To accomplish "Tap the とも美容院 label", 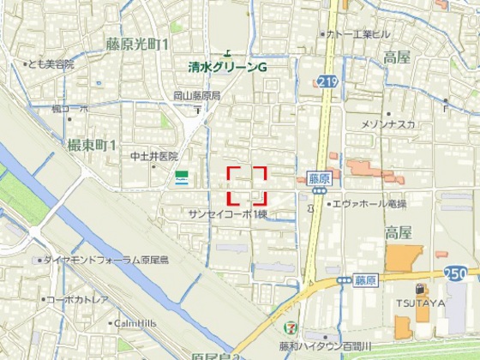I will pyautogui.click(x=51, y=64).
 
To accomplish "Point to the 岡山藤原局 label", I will pyautogui.click(x=196, y=96).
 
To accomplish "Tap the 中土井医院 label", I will pyautogui.click(x=153, y=156).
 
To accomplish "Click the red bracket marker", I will pyautogui.click(x=247, y=185).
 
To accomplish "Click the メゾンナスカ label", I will pyautogui.click(x=388, y=124).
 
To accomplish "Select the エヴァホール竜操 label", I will pyautogui.click(x=369, y=205).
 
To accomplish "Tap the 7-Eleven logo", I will pyautogui.click(x=293, y=328).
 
